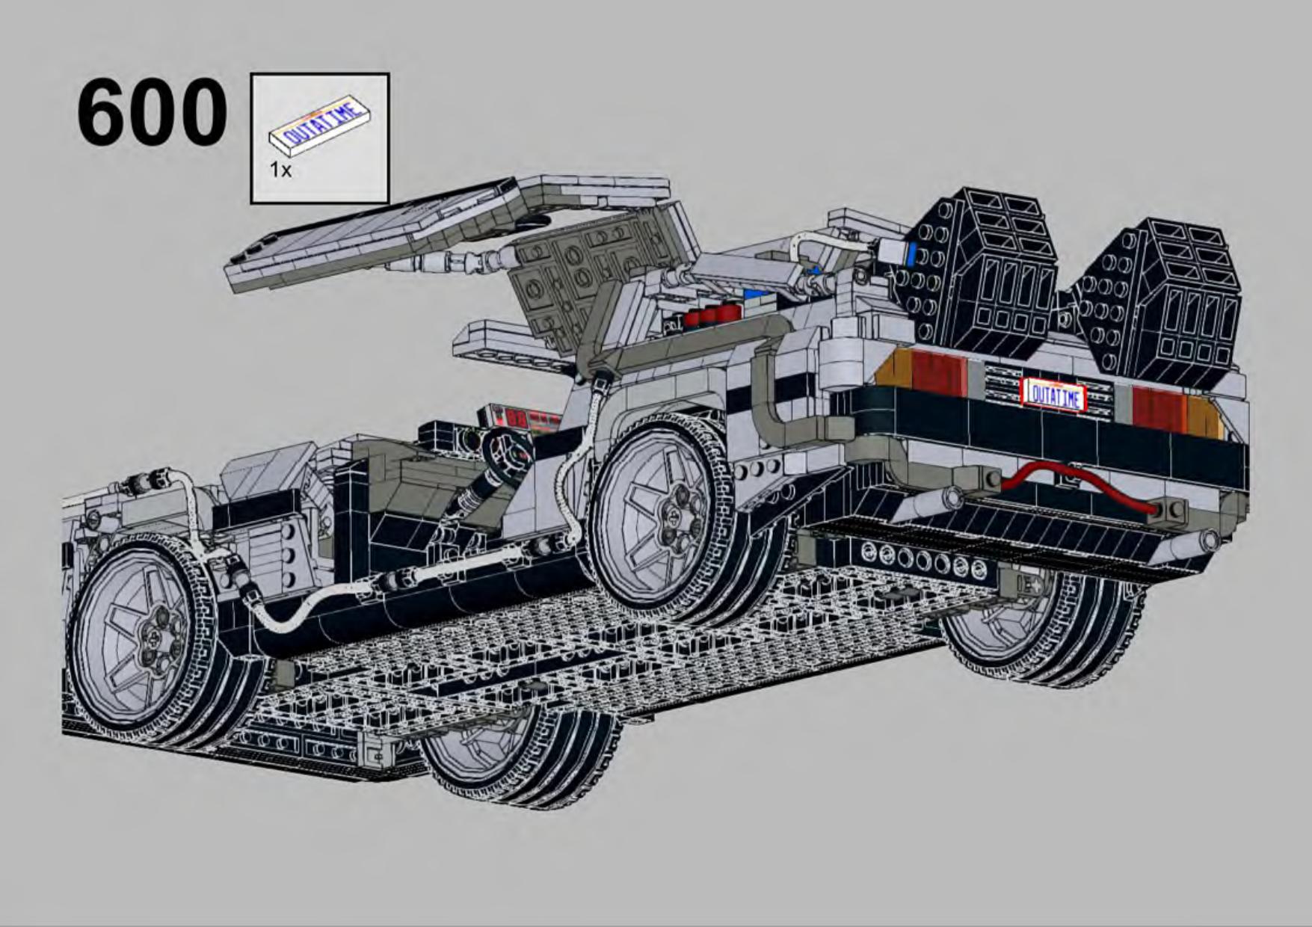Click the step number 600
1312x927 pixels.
[x=152, y=113]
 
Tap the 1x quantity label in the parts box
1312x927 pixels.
[x=280, y=170]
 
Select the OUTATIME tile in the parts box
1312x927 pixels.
[x=323, y=126]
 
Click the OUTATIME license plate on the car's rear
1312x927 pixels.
[x=1054, y=393]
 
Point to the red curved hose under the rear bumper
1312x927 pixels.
[x=1077, y=483]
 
